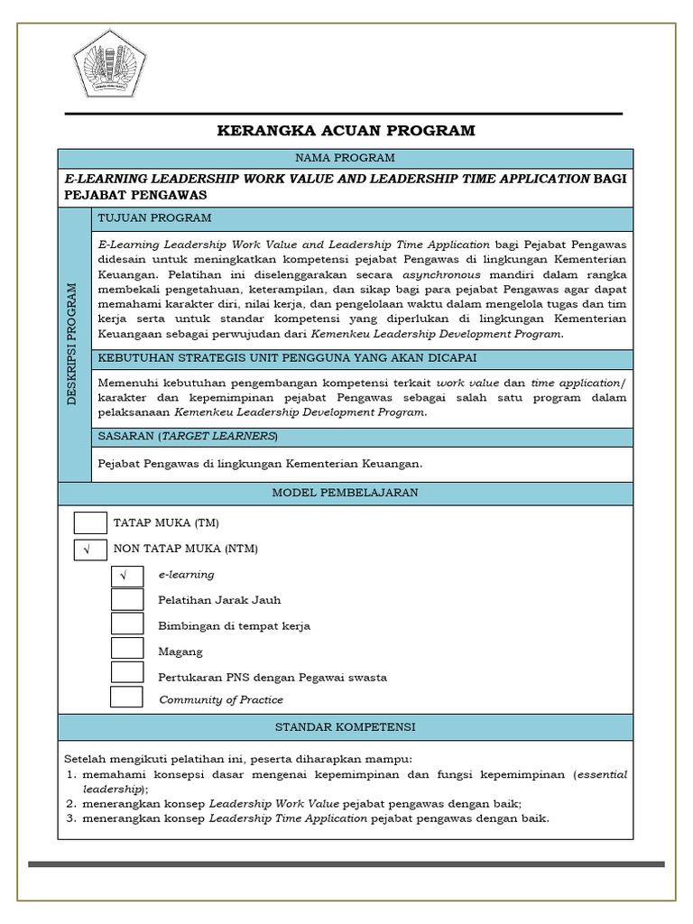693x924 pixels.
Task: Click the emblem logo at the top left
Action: tap(112, 65)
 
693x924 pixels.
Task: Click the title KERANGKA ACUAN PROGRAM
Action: tap(346, 131)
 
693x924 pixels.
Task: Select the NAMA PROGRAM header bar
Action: tap(346, 158)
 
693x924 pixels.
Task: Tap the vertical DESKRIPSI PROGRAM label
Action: tap(74, 344)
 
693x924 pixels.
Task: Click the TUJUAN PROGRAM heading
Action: tap(154, 218)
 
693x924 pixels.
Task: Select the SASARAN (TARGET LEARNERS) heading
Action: tap(188, 437)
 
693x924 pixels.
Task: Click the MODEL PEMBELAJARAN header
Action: tap(346, 493)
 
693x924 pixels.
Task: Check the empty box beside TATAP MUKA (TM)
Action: tap(90, 522)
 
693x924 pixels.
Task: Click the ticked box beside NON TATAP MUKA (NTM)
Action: tap(90, 549)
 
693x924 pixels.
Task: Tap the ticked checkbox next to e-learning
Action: tap(127, 575)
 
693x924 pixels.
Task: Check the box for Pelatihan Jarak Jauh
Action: tap(127, 600)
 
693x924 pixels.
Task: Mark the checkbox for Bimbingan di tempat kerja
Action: tap(127, 624)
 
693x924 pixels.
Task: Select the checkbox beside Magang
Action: tap(127, 649)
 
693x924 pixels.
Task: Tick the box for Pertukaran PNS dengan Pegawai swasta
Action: tap(127, 673)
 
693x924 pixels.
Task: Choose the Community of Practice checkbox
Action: tap(126, 698)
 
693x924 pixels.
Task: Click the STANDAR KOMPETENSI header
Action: tap(346, 726)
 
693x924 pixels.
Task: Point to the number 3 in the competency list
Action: tap(71, 818)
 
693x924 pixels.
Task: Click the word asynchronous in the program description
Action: tap(441, 274)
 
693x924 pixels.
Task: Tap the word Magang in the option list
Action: tap(180, 651)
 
